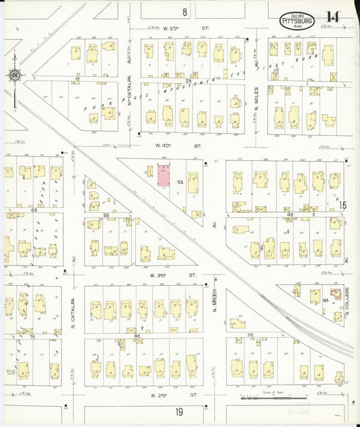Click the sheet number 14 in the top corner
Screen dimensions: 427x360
332,18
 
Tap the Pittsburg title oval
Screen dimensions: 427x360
296,21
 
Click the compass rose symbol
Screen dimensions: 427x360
14,75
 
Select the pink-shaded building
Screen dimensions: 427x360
163,174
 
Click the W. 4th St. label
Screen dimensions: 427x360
179,145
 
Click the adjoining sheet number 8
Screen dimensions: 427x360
184,11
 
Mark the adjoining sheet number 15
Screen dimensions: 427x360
342,205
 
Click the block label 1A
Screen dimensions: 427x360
78,79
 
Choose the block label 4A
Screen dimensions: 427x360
290,214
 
